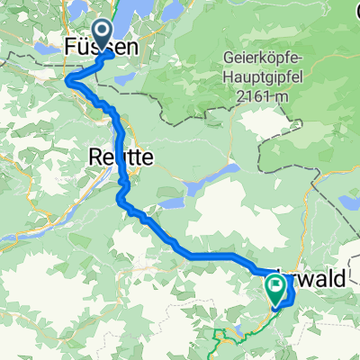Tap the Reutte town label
[121, 157]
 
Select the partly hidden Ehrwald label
[315, 281]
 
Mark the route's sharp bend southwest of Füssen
[70, 82]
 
